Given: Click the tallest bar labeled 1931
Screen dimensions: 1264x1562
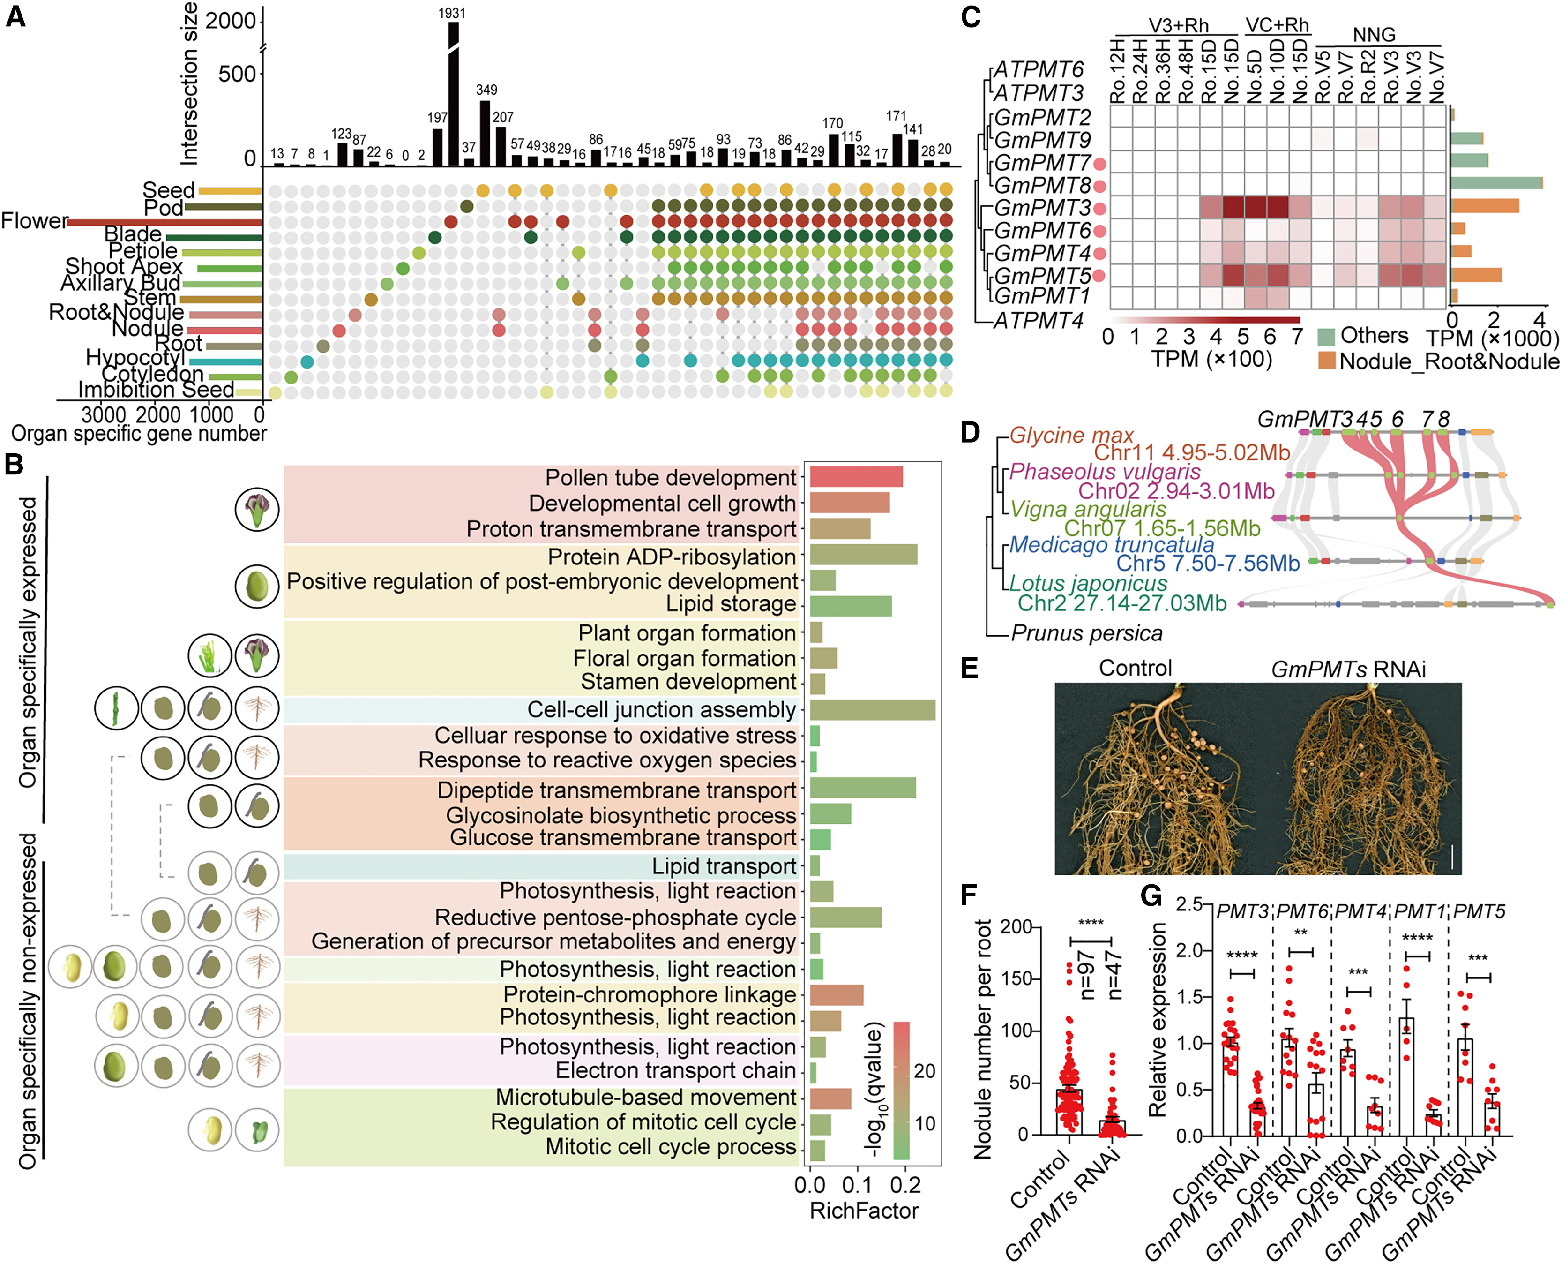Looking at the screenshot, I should point(454,95).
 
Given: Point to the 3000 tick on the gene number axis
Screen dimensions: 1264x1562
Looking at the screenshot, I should point(104,415).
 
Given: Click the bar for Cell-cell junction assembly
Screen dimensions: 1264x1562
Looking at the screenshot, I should point(872,710).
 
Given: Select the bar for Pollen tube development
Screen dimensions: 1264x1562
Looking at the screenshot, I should point(856,478).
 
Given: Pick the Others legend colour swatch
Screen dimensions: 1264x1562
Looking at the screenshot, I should point(1326,336).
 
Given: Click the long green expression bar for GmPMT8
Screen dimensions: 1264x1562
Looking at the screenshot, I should point(1496,183).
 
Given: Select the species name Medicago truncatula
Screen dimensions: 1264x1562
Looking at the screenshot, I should point(1112,545).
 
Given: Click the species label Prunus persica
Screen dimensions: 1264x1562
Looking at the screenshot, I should point(1087,633).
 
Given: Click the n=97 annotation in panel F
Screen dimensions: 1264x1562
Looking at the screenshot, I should point(1087,975).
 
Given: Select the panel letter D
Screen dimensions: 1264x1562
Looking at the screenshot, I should point(970,432).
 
